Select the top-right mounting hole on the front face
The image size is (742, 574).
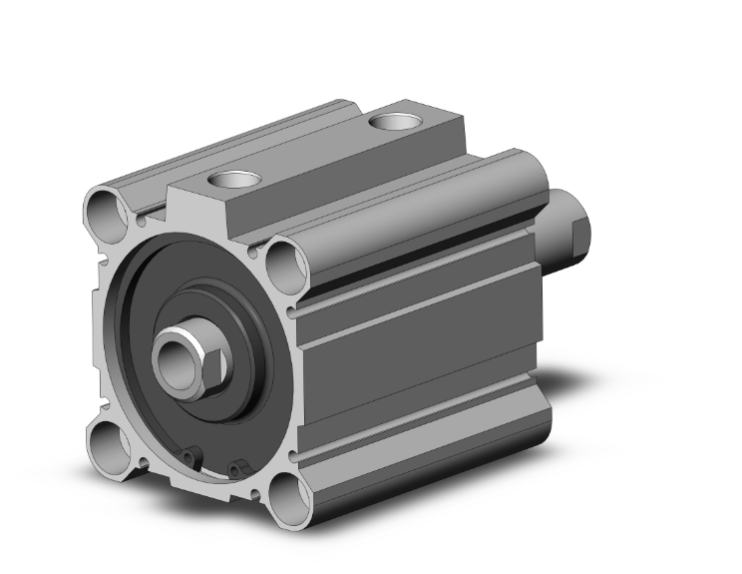click(286, 262)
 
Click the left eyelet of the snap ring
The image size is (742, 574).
click(191, 456)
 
